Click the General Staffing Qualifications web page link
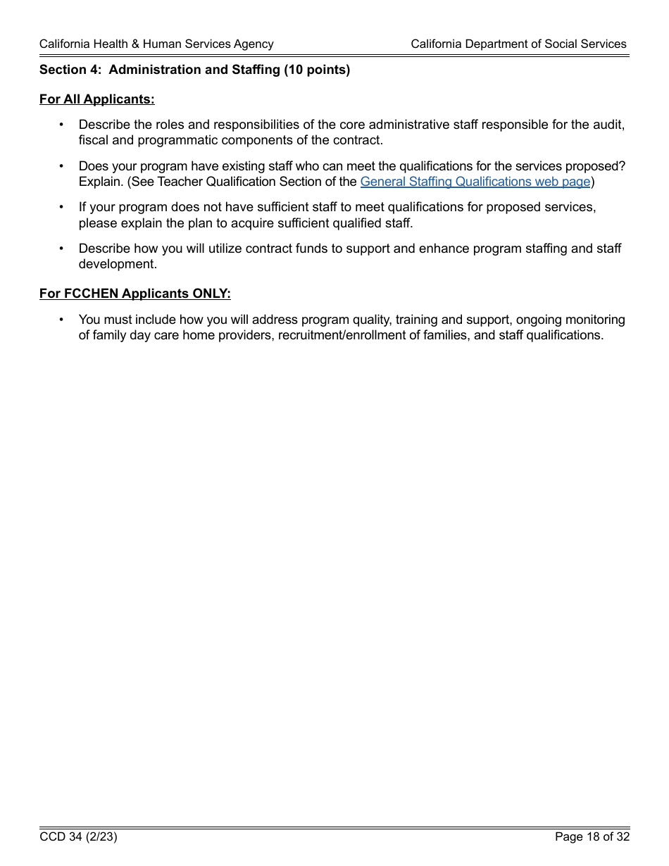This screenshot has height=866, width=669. pos(475,182)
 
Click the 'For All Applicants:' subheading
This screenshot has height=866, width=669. pos(96,99)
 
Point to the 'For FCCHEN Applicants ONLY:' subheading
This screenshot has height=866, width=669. pos(135,294)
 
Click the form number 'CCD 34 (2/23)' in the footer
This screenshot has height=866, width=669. pos(78,836)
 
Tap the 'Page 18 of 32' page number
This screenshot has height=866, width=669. pos(592,836)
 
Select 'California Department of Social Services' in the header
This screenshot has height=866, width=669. pos(518,44)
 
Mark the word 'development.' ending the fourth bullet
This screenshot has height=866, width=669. pos(118,264)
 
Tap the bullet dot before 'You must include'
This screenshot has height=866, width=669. pos(61,320)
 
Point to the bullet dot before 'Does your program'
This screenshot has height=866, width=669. pos(61,166)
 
